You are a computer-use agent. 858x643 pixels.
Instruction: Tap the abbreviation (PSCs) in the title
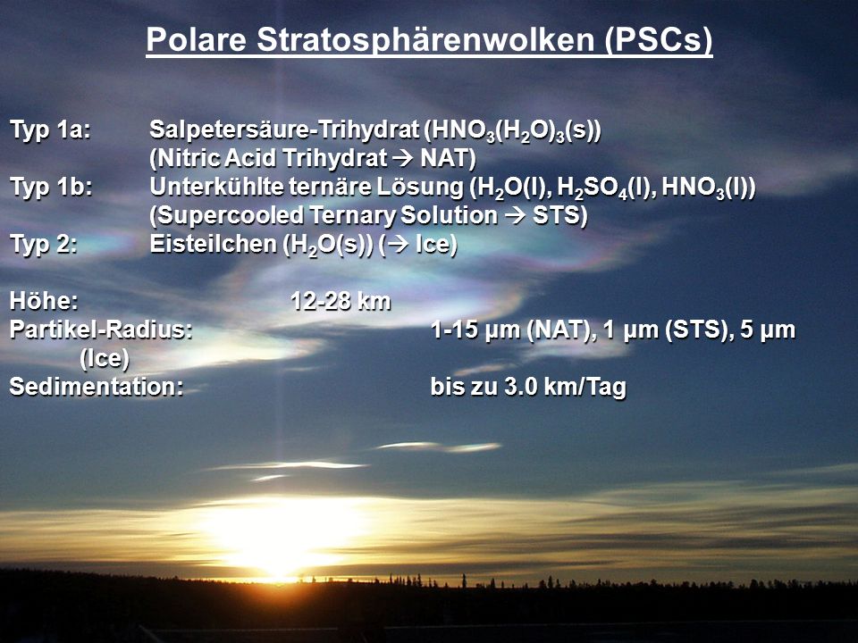click(x=659, y=40)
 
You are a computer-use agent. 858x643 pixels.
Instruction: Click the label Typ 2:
click(x=43, y=245)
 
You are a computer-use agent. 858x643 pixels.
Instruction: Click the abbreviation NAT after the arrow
click(x=448, y=159)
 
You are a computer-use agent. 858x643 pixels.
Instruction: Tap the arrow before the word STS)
click(x=515, y=215)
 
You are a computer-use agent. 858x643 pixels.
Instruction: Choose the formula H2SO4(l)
click(x=606, y=188)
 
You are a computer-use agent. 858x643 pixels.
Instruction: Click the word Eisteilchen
click(x=213, y=245)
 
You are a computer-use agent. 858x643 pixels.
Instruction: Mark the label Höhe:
click(x=44, y=301)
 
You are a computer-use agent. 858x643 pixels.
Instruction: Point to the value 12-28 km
click(x=341, y=301)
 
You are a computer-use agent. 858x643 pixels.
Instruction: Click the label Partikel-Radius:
click(x=101, y=330)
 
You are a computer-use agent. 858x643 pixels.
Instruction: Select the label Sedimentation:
click(x=97, y=387)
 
